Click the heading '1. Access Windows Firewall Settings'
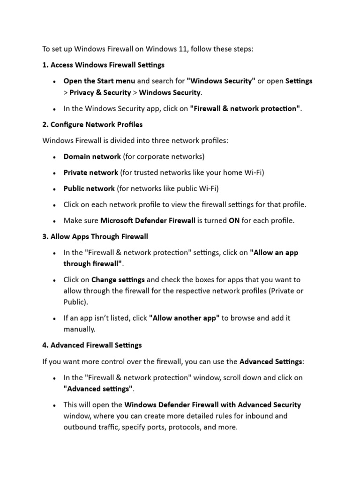click(103, 65)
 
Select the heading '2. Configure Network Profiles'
click(92, 125)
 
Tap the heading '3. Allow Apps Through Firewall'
click(95, 236)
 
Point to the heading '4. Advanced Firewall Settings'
click(92, 345)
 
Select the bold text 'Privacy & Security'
click(100, 92)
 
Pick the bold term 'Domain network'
click(92, 156)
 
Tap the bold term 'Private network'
click(90, 172)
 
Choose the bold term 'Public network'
click(89, 188)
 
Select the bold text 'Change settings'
click(118, 279)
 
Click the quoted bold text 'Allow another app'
click(184, 318)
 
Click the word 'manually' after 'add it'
click(79, 329)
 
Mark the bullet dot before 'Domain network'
click(55, 157)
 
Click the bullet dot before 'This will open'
click(55, 405)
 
